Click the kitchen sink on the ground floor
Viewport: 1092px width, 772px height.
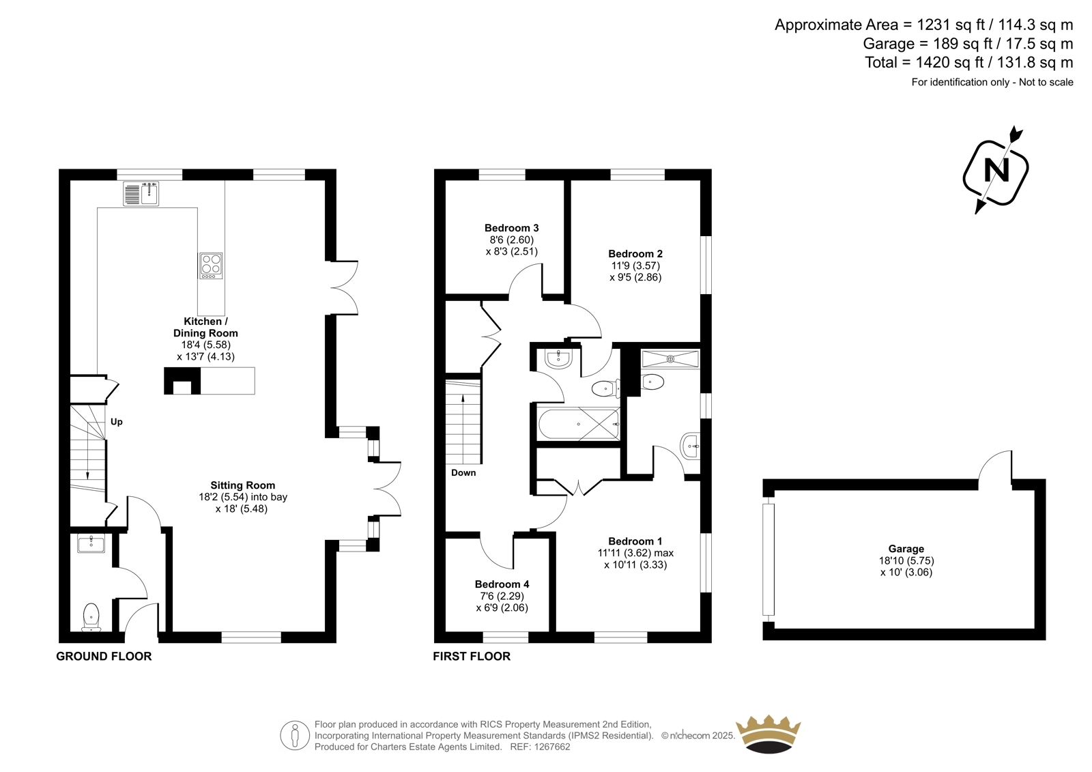coord(141,194)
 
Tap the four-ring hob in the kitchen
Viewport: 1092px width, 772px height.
coord(211,266)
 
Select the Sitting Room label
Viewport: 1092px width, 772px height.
coord(243,485)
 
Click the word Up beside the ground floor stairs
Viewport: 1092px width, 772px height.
coord(117,422)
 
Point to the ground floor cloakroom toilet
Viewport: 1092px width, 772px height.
coord(91,617)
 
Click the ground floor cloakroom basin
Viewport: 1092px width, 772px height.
coord(91,544)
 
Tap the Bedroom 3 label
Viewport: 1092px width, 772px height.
coord(511,228)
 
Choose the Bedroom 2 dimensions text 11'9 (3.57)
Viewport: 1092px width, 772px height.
coord(635,266)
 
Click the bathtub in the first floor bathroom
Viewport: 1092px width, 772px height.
coord(579,425)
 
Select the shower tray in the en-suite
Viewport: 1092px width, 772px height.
coord(670,359)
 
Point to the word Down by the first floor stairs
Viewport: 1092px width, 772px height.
coord(463,472)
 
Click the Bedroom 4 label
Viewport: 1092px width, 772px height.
coord(502,584)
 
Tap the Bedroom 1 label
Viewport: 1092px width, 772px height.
coord(635,541)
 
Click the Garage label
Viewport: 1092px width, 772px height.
coord(906,549)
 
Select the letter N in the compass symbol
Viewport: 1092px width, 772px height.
coord(996,171)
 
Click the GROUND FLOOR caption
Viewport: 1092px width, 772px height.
coord(104,657)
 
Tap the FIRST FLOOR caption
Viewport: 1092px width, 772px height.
coord(472,657)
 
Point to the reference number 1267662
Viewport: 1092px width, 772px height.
coord(551,747)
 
